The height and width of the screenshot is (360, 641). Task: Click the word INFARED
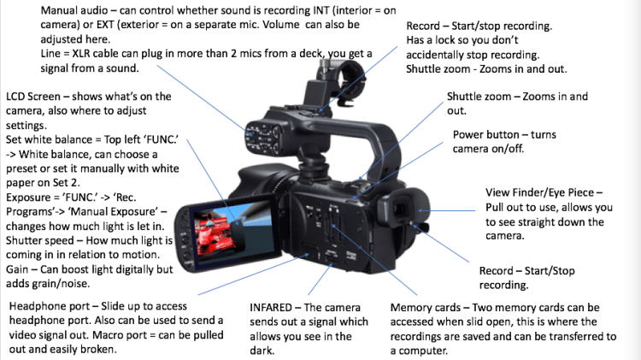(271, 308)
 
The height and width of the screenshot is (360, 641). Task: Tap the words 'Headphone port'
(50, 306)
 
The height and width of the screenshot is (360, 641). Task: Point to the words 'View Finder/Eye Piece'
(540, 192)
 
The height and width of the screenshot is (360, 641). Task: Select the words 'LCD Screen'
(33, 97)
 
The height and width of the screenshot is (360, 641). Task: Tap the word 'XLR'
(83, 54)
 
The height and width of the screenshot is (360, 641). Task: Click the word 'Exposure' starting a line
(29, 198)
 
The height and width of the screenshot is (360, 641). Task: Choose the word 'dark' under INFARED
(262, 351)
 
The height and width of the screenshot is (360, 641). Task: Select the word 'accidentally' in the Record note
(434, 55)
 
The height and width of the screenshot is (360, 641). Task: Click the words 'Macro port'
(120, 335)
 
